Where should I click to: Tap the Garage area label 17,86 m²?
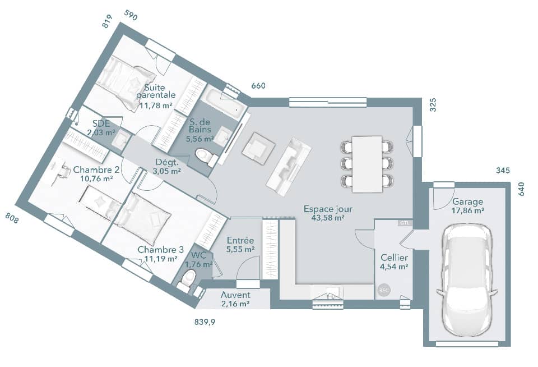(x=469, y=211)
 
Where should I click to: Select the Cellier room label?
(x=394, y=257)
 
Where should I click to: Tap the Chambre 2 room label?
(x=96, y=170)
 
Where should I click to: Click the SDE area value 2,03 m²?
(x=101, y=133)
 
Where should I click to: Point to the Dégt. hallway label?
(x=166, y=163)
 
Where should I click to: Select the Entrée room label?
(x=240, y=241)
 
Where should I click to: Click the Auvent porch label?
(x=235, y=295)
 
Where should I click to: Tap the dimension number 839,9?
(x=204, y=322)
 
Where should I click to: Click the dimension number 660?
(x=258, y=86)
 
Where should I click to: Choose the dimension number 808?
(x=12, y=218)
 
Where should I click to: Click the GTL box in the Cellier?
(x=404, y=223)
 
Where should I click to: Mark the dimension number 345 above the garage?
(x=503, y=171)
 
